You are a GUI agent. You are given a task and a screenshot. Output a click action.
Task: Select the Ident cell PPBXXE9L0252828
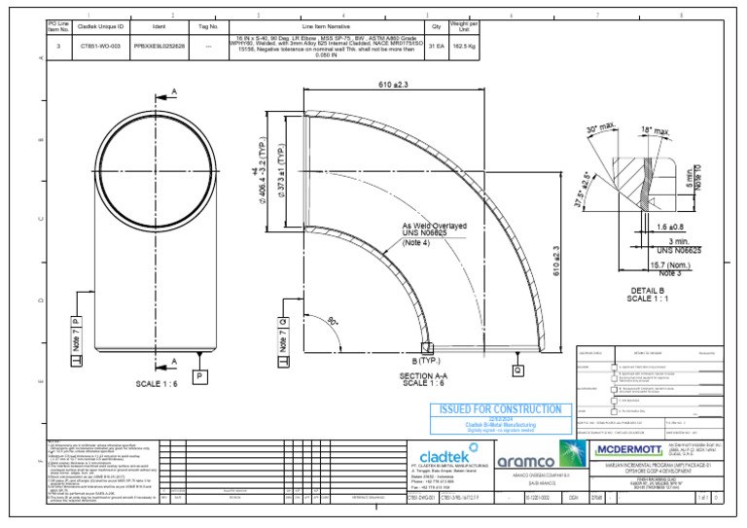pyautogui.click(x=159, y=46)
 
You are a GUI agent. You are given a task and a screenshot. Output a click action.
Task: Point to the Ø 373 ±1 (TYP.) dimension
pyautogui.click(x=281, y=165)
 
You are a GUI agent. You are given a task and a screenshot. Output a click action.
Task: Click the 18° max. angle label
pyautogui.click(x=655, y=131)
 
